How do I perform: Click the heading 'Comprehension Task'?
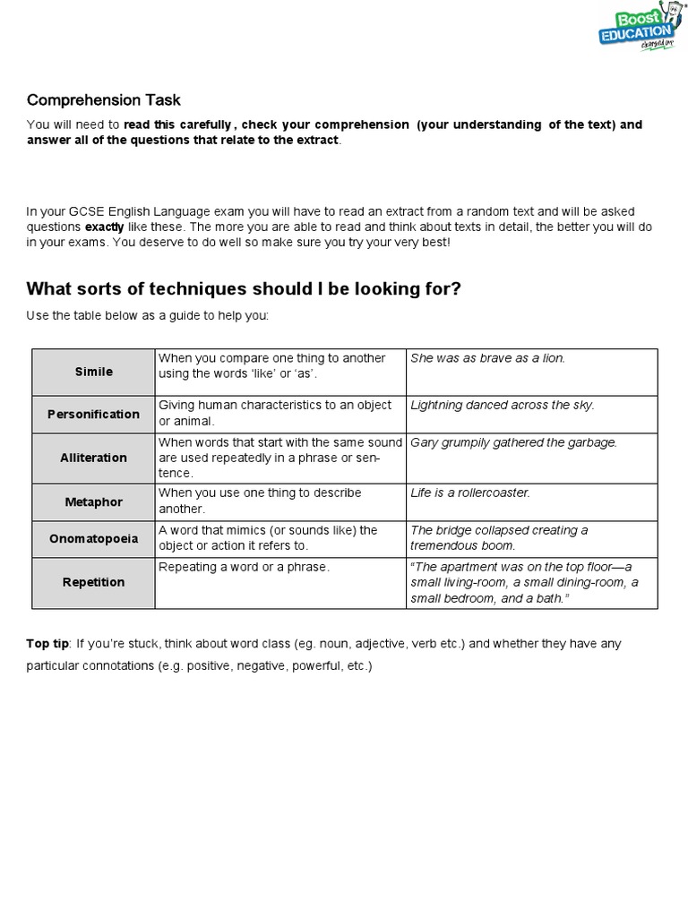[x=104, y=100]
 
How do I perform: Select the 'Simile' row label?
[x=93, y=372]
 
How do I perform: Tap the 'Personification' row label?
[x=93, y=415]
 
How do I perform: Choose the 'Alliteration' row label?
[x=93, y=458]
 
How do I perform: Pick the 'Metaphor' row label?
[x=93, y=502]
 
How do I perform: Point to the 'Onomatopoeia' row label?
[x=93, y=539]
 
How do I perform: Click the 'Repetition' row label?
[x=93, y=582]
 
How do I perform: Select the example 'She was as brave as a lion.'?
[x=487, y=358]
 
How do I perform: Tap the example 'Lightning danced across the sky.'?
[x=502, y=405]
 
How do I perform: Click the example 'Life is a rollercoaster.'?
[x=470, y=493]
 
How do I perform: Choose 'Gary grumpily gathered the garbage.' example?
[x=513, y=442]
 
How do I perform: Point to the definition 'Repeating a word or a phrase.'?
[x=244, y=568]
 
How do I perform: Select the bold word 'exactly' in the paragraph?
[x=104, y=227]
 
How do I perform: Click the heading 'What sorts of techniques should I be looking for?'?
[x=244, y=288]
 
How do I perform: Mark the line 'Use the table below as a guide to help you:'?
[x=147, y=317]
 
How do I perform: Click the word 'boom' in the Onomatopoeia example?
[x=499, y=545]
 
